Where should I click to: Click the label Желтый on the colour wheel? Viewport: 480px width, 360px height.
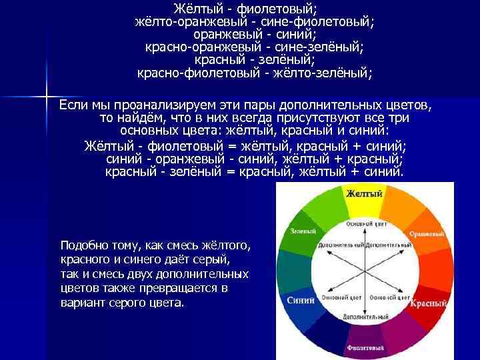[x=363, y=194]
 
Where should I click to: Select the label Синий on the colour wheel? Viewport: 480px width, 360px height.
[x=301, y=300]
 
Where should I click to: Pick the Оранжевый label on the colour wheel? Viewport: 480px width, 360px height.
[x=427, y=235]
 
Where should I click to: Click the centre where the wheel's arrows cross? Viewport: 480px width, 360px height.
[x=364, y=269]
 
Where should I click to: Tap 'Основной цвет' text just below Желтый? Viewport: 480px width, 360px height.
[x=364, y=225]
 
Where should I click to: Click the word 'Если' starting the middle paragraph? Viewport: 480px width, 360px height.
[x=73, y=105]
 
